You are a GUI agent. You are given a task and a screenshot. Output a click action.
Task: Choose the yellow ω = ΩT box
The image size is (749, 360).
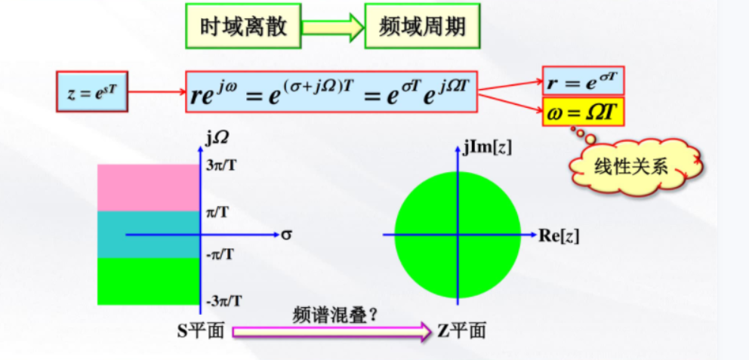click(583, 112)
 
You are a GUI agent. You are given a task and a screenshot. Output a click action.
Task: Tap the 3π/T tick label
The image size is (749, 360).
click(224, 164)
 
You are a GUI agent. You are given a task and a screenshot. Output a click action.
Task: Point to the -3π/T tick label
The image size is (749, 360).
click(224, 301)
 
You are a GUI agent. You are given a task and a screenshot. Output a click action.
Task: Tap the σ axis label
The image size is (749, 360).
click(286, 235)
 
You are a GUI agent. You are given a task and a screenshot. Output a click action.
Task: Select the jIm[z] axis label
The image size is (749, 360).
click(489, 146)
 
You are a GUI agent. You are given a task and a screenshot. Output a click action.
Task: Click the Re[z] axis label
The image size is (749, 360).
click(559, 235)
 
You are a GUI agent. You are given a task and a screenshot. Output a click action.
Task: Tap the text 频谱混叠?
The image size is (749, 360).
click(335, 315)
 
